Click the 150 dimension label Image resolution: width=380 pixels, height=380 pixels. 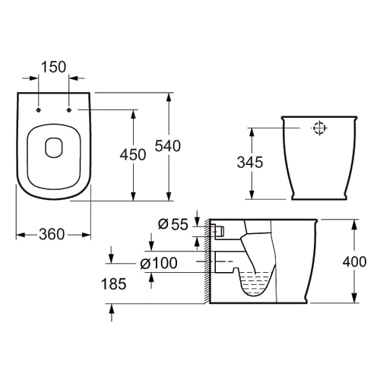(53, 67)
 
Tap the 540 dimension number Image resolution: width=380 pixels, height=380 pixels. (168, 146)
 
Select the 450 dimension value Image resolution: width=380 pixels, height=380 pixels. (133, 155)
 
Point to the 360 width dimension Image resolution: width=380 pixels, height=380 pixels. (52, 235)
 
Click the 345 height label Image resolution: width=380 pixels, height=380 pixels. (250, 162)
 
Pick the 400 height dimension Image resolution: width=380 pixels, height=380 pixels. (354, 261)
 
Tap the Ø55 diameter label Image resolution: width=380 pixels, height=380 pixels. (173, 224)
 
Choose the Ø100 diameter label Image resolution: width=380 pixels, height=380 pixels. (159, 263)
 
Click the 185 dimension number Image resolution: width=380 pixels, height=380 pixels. (113, 283)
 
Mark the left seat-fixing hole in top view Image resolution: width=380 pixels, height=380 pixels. (39, 110)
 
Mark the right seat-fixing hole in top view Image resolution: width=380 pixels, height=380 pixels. (69, 110)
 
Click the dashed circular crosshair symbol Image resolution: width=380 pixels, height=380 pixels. (319, 128)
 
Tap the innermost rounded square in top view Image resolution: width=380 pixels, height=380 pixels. (54, 147)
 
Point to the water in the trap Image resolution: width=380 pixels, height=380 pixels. (255, 283)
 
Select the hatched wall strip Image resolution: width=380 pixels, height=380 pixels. (207, 261)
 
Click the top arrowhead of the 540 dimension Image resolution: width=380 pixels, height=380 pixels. (169, 97)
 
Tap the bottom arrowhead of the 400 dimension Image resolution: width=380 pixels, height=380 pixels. (355, 299)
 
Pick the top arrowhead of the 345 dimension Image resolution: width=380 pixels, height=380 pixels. (252, 131)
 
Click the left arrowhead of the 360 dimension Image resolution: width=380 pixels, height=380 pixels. (21, 235)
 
